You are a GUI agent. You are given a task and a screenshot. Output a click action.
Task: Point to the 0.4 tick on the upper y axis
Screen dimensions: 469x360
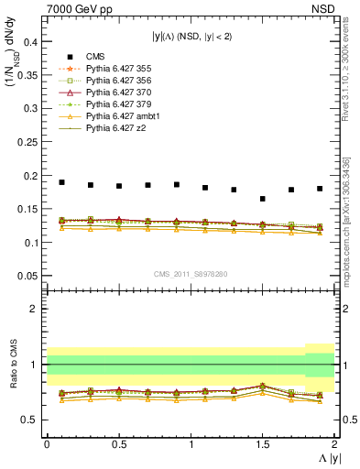[x=32, y=42]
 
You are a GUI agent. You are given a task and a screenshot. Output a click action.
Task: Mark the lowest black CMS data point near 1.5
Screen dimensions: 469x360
[x=263, y=199]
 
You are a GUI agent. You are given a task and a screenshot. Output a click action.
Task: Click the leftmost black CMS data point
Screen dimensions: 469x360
[x=61, y=182]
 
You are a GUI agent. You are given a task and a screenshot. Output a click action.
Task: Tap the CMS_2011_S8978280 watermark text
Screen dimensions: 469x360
[x=191, y=273]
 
